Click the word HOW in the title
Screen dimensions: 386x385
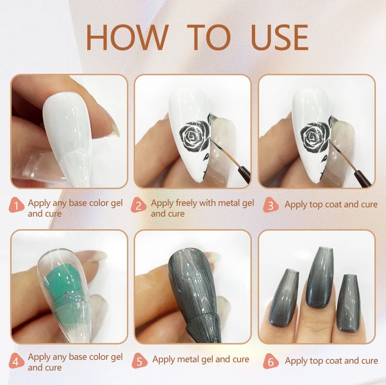click(127, 38)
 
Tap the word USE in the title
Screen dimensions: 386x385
click(279, 38)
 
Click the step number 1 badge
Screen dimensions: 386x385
click(16, 205)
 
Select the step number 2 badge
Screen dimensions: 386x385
click(138, 205)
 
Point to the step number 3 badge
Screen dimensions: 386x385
click(271, 205)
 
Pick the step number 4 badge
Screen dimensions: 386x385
click(16, 361)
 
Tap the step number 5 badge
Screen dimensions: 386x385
click(139, 361)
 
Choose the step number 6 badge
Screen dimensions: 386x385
click(271, 361)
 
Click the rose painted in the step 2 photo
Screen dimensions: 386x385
click(195, 136)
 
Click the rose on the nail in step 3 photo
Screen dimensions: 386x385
click(316, 137)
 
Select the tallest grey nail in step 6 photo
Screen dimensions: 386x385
click(319, 277)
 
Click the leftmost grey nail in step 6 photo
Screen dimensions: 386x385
click(284, 298)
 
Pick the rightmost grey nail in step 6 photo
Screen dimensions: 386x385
click(348, 303)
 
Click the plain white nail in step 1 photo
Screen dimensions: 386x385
click(67, 138)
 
